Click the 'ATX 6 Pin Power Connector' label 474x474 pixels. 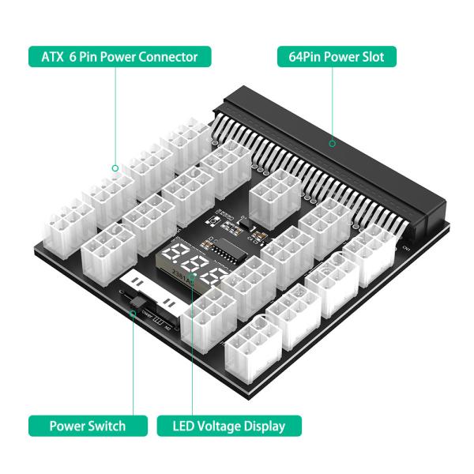[118, 57]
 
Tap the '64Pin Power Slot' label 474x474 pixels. [337, 57]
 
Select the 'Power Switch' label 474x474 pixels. [87, 426]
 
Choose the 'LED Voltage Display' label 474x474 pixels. [228, 426]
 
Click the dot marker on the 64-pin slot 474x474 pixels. [333, 144]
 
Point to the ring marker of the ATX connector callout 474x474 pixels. [115, 167]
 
